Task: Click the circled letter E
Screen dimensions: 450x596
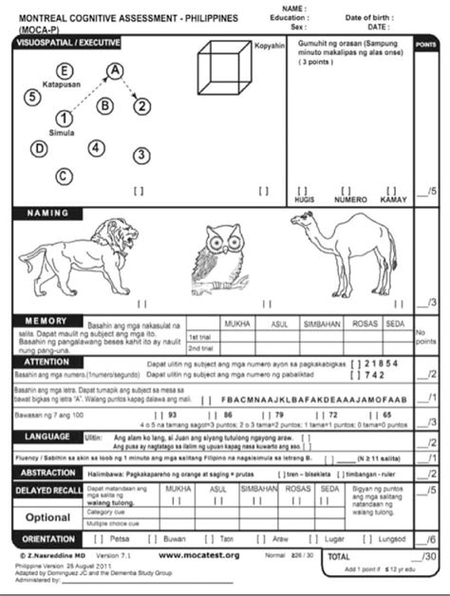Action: [65, 70]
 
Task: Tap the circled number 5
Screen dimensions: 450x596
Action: [32, 96]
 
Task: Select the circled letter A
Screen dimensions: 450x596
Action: [115, 70]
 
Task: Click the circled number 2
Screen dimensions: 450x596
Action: [141, 105]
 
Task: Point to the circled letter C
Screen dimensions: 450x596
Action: [63, 175]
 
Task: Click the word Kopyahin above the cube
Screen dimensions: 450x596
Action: [271, 46]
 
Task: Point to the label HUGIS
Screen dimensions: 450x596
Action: [306, 199]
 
